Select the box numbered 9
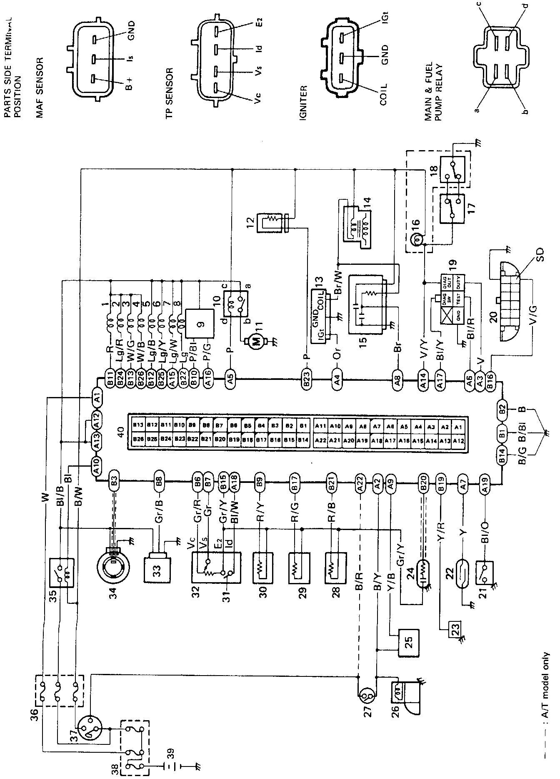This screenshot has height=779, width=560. [200, 323]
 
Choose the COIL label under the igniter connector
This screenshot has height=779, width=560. [383, 95]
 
